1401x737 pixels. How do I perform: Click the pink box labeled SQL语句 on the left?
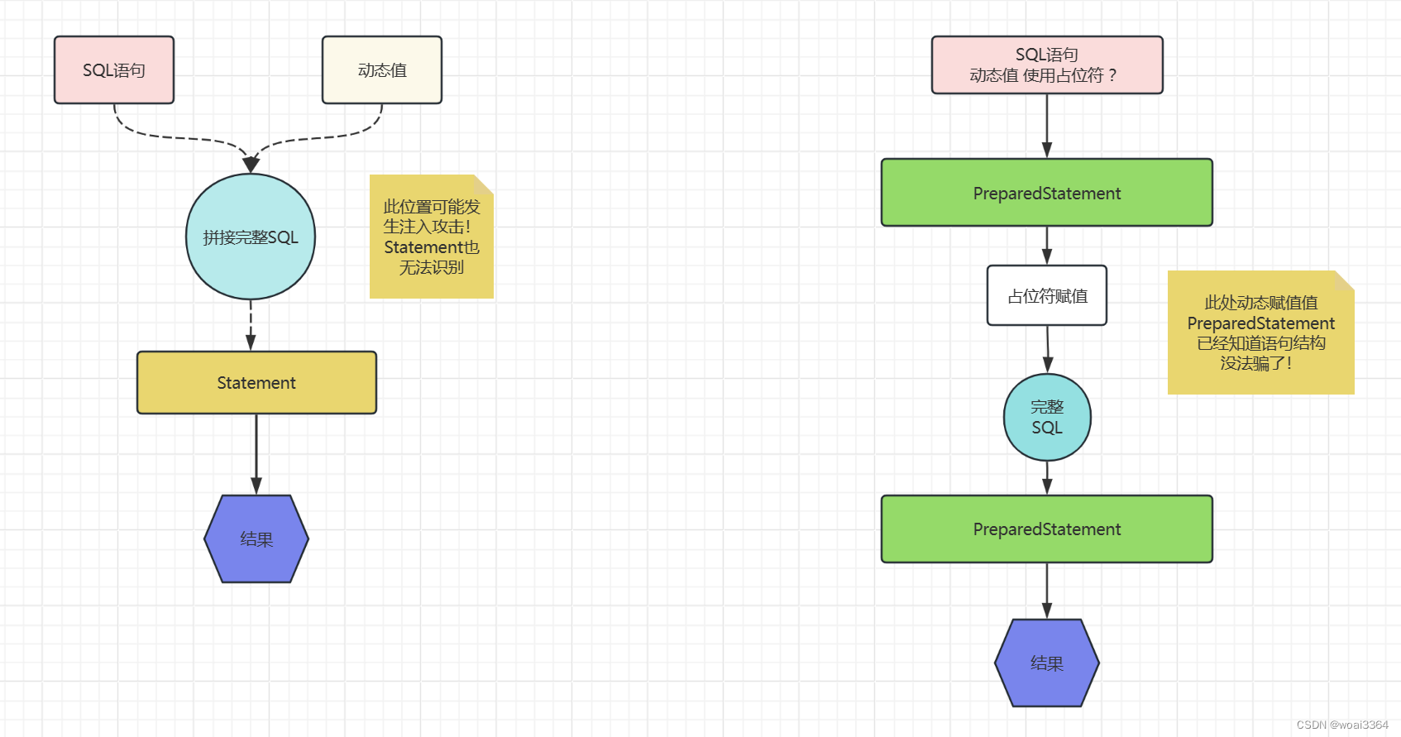pos(114,70)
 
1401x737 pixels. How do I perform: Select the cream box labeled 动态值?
pos(382,70)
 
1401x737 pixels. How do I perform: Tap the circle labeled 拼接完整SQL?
pos(251,237)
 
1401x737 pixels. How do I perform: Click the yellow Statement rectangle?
pos(256,383)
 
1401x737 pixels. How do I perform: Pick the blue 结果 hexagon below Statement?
pos(256,539)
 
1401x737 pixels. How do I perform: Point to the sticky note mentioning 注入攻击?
pos(431,237)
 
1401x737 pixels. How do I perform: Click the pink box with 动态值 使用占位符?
pos(1047,65)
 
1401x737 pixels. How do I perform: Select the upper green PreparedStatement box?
pos(1047,193)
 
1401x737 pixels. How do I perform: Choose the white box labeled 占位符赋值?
pos(1047,295)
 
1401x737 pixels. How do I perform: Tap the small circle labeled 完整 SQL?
pos(1047,418)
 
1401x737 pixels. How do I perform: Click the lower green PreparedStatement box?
pos(1047,529)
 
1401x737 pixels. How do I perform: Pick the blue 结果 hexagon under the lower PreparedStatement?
pos(1047,663)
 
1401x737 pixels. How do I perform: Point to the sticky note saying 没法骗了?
pos(1260,333)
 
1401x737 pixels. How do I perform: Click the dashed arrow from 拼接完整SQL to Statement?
pos(251,325)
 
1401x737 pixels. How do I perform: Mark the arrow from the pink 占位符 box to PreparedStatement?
pos(1047,126)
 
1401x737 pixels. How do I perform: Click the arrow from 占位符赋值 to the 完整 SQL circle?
pos(1048,349)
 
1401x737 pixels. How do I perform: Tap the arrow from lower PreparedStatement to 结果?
pos(1047,591)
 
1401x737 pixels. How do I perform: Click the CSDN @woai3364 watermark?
pos(1342,725)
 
